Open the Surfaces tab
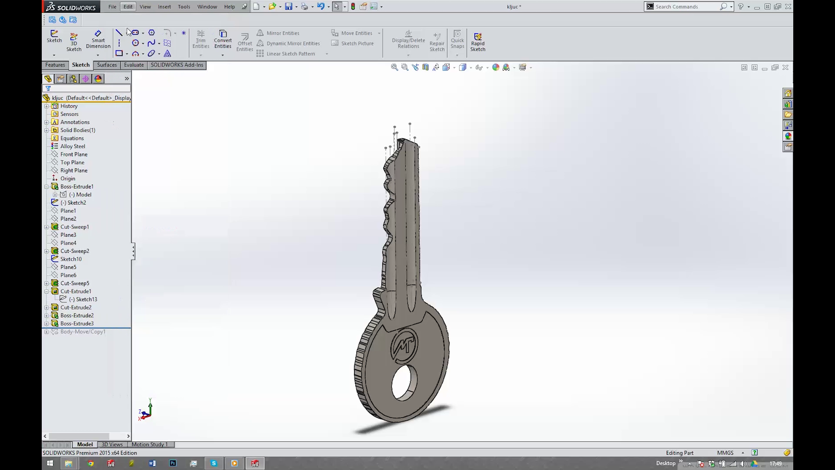pos(107,65)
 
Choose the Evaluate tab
pos(134,65)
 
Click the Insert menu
pos(164,7)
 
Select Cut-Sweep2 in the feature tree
pos(74,251)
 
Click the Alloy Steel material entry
pos(73,146)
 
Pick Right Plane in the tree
pos(73,171)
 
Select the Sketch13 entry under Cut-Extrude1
pos(86,299)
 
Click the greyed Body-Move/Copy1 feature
pos(83,332)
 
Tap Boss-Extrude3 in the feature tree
pos(77,324)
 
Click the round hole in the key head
pos(404,383)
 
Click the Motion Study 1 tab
pos(149,444)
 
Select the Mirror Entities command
pos(282,33)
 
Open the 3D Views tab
pos(112,444)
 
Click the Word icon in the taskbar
pos(152,463)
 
